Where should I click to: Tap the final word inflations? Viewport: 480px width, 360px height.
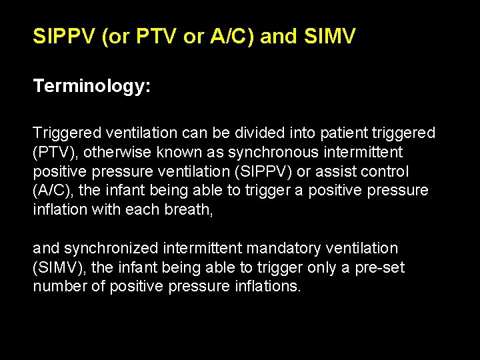(x=271, y=287)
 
